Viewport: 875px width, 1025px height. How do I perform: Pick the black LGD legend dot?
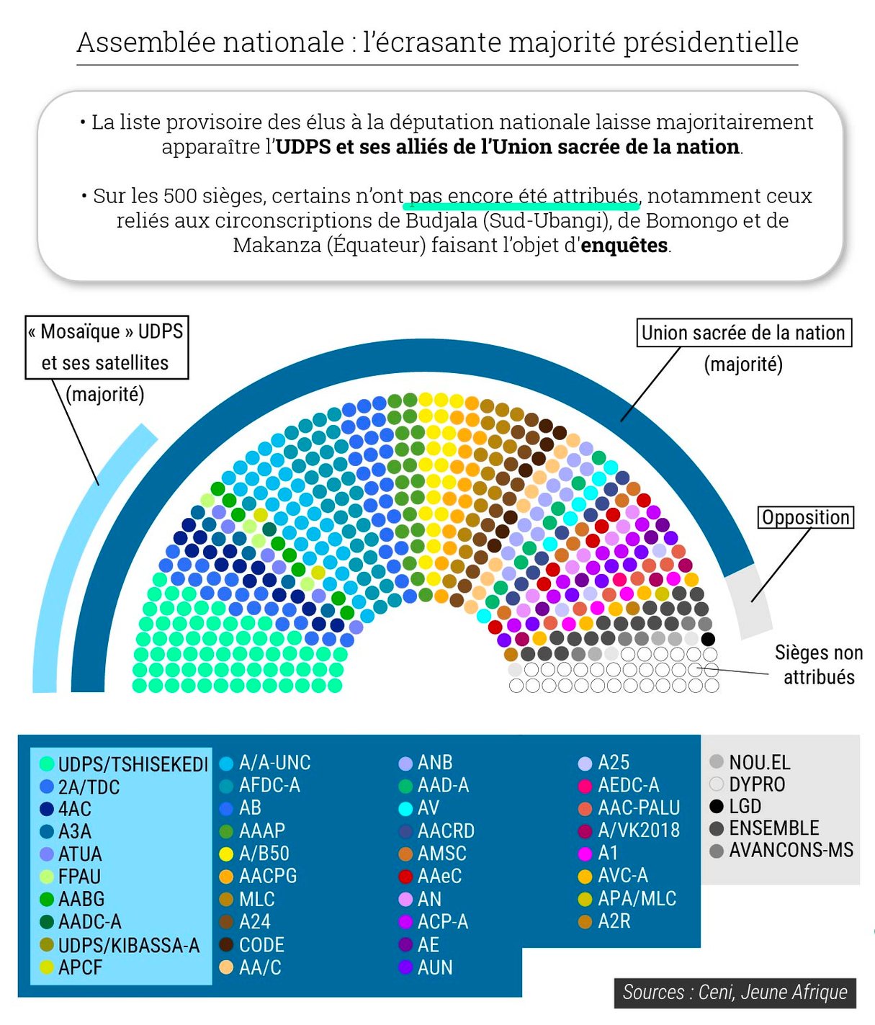(717, 806)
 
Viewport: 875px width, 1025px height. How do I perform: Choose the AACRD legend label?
(446, 831)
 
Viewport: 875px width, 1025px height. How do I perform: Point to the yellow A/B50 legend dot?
(226, 854)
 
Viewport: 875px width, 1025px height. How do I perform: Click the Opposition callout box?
(806, 517)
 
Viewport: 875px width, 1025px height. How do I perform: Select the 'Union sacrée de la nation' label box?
(744, 333)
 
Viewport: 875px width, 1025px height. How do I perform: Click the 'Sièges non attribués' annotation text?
(819, 665)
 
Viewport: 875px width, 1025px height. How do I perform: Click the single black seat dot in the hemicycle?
(708, 639)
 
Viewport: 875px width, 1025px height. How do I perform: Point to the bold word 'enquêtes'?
(624, 246)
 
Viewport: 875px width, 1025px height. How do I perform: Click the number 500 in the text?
(177, 196)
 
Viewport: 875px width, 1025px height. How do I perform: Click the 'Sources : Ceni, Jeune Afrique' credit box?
(735, 992)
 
